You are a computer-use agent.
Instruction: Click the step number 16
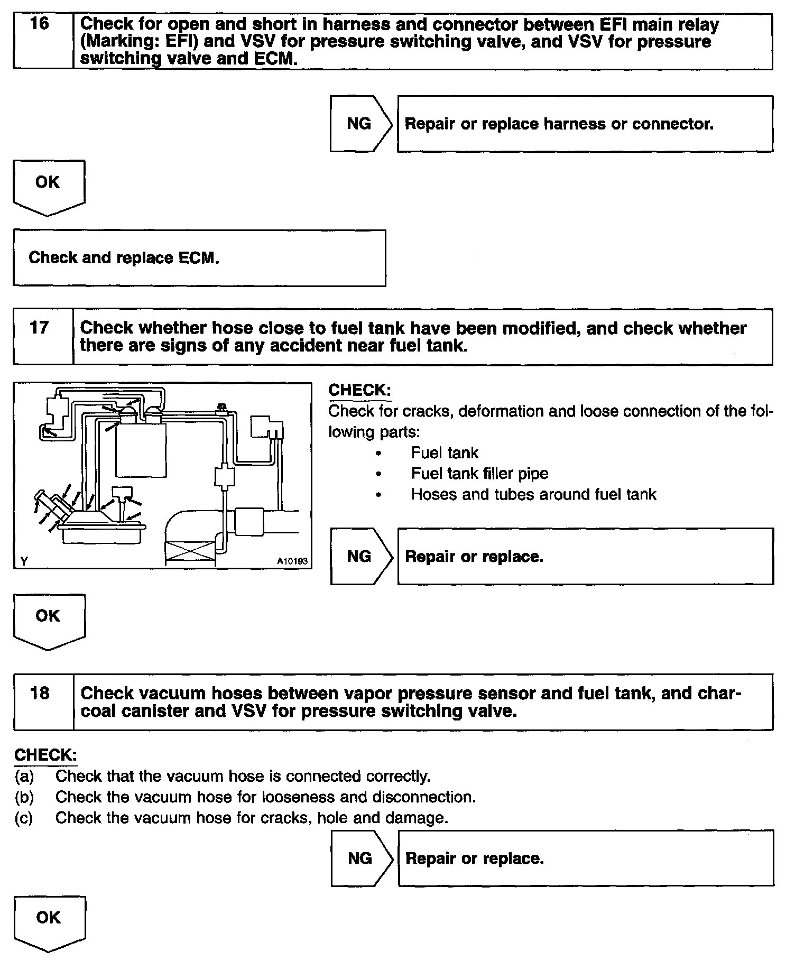[40, 24]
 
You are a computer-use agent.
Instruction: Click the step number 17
[40, 328]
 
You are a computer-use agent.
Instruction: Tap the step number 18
[40, 692]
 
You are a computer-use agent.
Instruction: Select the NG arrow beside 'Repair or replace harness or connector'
[360, 124]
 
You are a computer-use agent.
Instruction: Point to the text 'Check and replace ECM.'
[124, 258]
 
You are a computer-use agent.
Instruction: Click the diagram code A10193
[292, 561]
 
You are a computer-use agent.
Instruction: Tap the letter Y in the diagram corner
[24, 561]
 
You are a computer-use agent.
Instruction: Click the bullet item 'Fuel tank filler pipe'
[479, 474]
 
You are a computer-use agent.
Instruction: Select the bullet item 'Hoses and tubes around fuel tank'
[533, 495]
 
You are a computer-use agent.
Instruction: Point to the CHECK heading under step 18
[45, 755]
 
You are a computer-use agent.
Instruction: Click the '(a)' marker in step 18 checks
[24, 776]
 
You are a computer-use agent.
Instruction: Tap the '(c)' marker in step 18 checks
[24, 818]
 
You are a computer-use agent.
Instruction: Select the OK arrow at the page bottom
[49, 922]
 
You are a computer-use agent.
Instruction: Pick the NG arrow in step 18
[362, 858]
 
